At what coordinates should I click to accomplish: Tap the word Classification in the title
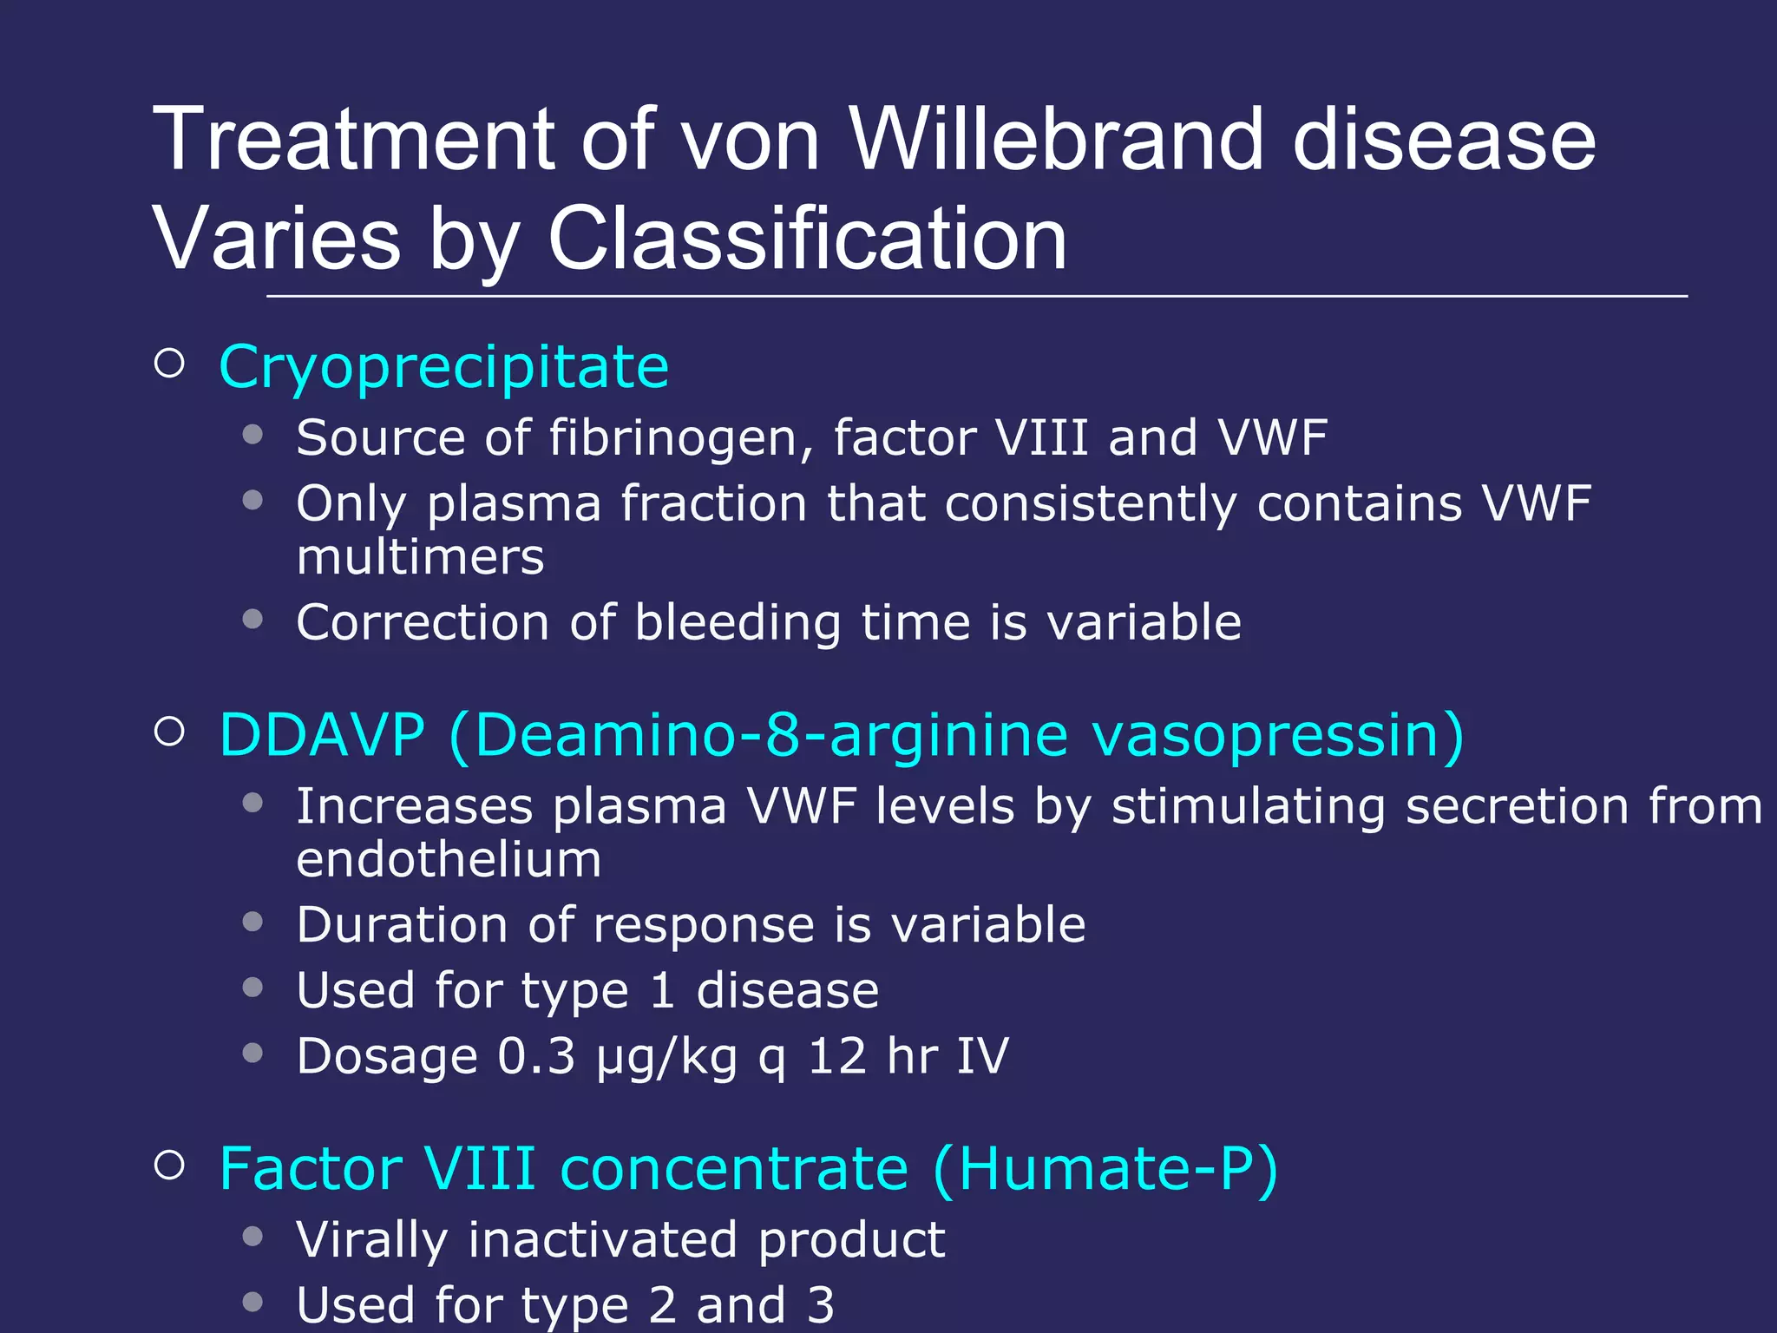(807, 239)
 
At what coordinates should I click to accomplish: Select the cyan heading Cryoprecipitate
(443, 367)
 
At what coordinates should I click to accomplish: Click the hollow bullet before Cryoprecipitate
(170, 364)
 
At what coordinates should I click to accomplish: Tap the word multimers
(420, 556)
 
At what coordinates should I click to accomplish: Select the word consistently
(1091, 503)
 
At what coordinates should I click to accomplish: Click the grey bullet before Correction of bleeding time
(252, 619)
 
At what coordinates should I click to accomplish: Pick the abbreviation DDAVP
(322, 735)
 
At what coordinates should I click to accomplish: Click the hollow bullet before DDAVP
(170, 732)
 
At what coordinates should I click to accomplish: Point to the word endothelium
(449, 859)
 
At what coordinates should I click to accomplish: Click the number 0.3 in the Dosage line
(536, 1056)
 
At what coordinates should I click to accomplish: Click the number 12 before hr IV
(836, 1056)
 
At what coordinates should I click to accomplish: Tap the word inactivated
(602, 1238)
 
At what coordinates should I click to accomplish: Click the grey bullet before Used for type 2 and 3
(252, 1302)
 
